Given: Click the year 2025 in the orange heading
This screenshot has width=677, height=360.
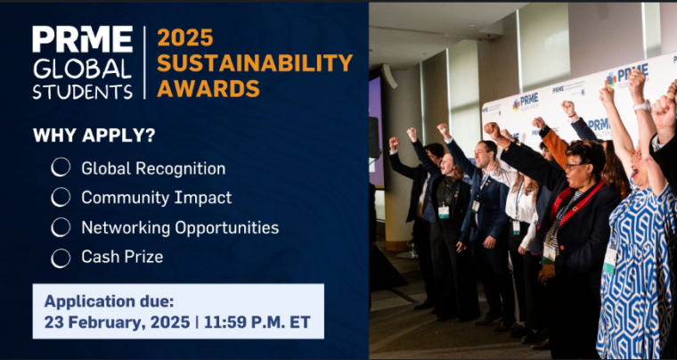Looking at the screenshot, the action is point(185,38).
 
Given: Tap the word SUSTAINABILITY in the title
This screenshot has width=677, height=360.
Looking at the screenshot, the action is point(255,63).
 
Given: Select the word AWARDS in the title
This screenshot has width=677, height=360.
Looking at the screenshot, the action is point(208,88).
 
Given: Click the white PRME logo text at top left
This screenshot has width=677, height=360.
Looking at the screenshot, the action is point(83,39).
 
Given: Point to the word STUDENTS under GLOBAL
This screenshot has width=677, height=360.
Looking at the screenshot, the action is point(83,92).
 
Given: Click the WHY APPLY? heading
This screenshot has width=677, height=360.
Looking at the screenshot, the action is point(94,135).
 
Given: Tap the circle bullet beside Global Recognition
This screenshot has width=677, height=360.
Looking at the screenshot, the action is point(61,167).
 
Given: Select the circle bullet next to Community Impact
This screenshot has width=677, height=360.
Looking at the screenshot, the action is point(61,197).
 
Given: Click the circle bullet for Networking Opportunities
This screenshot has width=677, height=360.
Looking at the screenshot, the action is point(61,227).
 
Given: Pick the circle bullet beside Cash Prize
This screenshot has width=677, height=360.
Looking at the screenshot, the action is point(61,258).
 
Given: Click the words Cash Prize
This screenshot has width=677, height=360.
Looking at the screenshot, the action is point(122,257).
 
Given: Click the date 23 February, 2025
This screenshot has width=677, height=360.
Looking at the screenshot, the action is point(117,323).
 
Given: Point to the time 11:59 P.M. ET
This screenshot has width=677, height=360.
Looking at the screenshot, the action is point(257,323).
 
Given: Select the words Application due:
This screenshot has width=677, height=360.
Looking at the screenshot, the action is point(109,301).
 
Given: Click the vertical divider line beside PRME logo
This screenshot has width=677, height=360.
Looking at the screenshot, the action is point(144,62).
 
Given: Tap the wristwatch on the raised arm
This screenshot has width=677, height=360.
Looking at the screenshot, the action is point(642,106).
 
